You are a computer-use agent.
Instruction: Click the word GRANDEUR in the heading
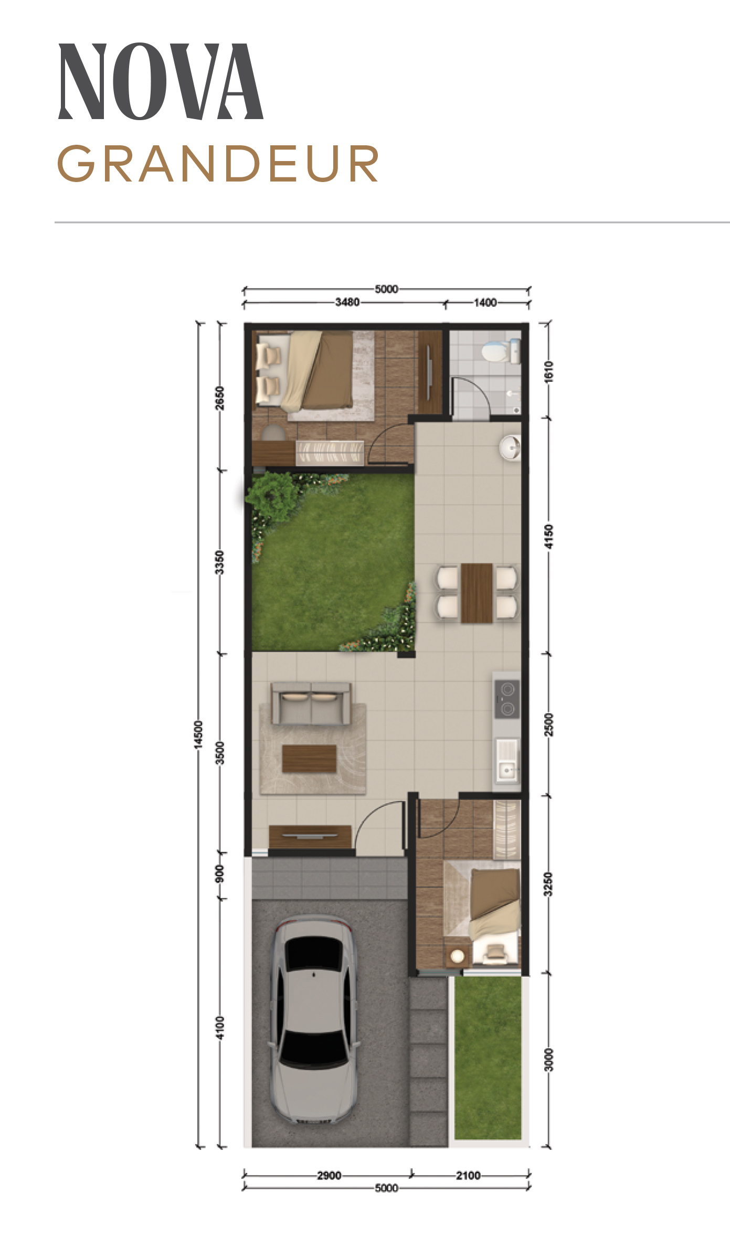pos(218,164)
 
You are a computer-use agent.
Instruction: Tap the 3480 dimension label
pos(347,302)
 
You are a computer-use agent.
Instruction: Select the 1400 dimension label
pos(485,302)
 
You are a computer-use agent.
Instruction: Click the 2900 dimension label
pos(329,1176)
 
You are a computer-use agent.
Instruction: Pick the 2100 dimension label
pos(468,1176)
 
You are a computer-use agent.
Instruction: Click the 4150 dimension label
pos(548,536)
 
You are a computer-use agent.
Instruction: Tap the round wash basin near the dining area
pos(509,448)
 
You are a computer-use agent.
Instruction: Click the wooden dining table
pos(477,593)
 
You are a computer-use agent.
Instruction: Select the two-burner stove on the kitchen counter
pos(507,699)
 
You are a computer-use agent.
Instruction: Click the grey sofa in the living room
pos(311,703)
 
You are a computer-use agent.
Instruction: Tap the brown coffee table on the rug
pos(309,759)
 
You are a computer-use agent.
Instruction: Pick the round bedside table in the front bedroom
pos(457,956)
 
